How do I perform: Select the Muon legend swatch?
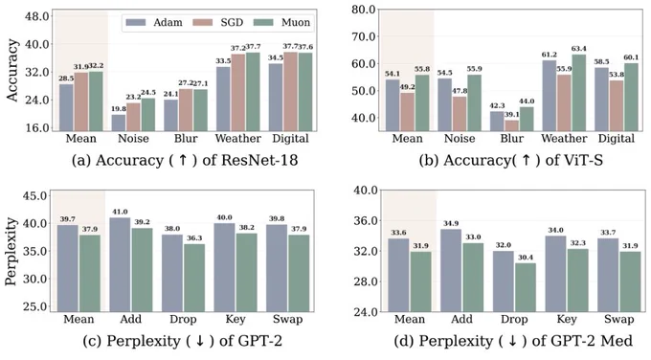pos(263,22)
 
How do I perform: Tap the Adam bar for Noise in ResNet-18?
pos(119,123)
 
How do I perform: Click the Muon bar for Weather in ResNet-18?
pos(253,92)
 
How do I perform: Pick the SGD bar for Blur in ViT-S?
pos(512,125)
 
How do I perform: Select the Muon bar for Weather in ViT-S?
pos(579,93)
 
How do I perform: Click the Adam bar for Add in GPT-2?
pos(120,264)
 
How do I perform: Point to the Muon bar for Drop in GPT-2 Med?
pos(526,287)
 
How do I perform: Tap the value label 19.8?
pos(119,109)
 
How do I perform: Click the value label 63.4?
pos(580,49)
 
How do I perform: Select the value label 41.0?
pos(120,212)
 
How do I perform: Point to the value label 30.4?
pos(526,258)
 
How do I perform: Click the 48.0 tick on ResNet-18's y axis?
pos(37,16)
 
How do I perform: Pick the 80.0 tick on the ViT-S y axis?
pos(363,10)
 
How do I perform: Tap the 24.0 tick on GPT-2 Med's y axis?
pos(366,312)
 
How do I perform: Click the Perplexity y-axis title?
pos(11,251)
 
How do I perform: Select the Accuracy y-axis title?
pos(12,70)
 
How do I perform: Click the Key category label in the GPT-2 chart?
pos(236,319)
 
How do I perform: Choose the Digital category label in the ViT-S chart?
pos(617,138)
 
